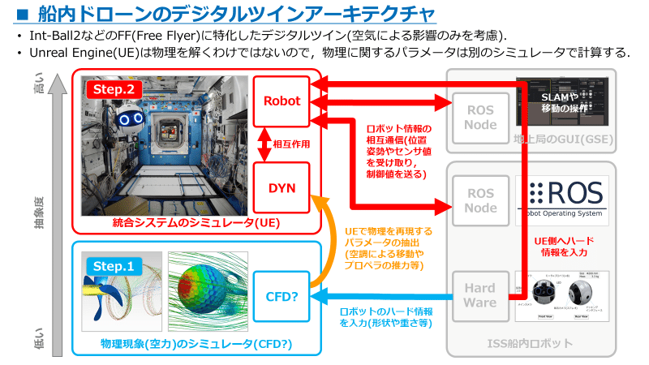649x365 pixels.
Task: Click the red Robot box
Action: pos(282,101)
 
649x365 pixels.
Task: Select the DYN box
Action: pos(282,187)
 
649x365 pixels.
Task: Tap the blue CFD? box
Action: pos(282,295)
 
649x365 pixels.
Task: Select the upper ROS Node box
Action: pos(479,116)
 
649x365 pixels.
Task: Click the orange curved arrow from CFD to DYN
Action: pos(322,243)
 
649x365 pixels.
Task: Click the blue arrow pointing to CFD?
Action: pos(381,297)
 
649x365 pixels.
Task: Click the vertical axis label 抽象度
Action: pos(39,213)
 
